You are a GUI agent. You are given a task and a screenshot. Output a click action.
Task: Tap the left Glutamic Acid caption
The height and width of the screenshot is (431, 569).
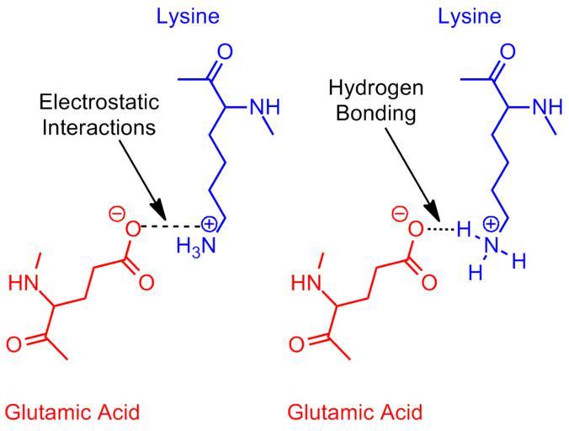coord(72,412)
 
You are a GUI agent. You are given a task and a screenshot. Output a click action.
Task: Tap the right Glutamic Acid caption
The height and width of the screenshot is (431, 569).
coord(355,412)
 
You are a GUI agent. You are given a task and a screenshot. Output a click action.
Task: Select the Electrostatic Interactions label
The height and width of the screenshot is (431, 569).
coord(98,115)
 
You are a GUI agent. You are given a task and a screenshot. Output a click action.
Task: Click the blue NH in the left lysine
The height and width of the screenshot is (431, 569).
coord(266,107)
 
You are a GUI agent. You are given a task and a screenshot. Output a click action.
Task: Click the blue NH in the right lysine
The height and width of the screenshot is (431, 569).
coord(549,107)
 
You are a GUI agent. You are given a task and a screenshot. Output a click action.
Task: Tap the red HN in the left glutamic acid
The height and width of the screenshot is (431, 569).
coord(24,284)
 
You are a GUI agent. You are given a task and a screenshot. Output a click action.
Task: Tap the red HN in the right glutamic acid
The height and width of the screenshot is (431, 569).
coord(306,284)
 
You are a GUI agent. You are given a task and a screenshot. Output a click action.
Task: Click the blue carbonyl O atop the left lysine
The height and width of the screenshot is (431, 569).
coord(225,52)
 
